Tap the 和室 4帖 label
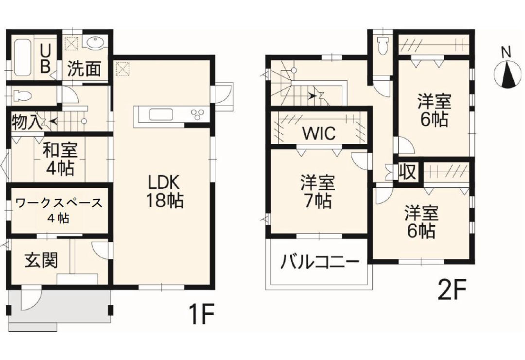59,159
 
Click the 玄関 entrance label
41,260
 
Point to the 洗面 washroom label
84,70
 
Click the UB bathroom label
45,58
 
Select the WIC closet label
318,133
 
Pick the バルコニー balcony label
319,264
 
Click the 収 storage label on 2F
407,171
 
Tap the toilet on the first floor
21,95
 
